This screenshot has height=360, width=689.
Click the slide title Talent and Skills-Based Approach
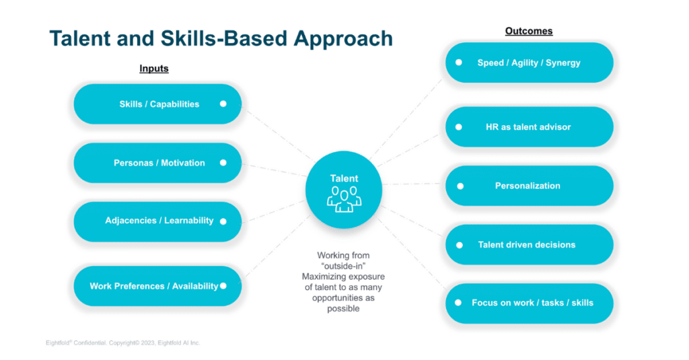click(x=221, y=38)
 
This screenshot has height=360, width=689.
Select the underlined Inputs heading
click(x=153, y=69)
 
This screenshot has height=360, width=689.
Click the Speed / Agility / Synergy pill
click(x=528, y=63)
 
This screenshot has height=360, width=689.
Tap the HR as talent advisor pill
click(x=528, y=127)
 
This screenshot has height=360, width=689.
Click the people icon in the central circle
click(x=344, y=199)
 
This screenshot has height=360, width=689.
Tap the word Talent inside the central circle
click(x=344, y=178)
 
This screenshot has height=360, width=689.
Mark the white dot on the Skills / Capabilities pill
click(x=223, y=104)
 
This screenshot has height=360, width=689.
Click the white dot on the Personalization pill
click(x=460, y=186)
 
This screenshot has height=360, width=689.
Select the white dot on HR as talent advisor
click(x=459, y=127)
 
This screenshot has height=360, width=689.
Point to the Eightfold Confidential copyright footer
click(x=118, y=343)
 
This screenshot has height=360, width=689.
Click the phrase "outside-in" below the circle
click(x=344, y=266)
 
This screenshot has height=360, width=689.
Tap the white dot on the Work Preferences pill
click(x=223, y=286)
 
